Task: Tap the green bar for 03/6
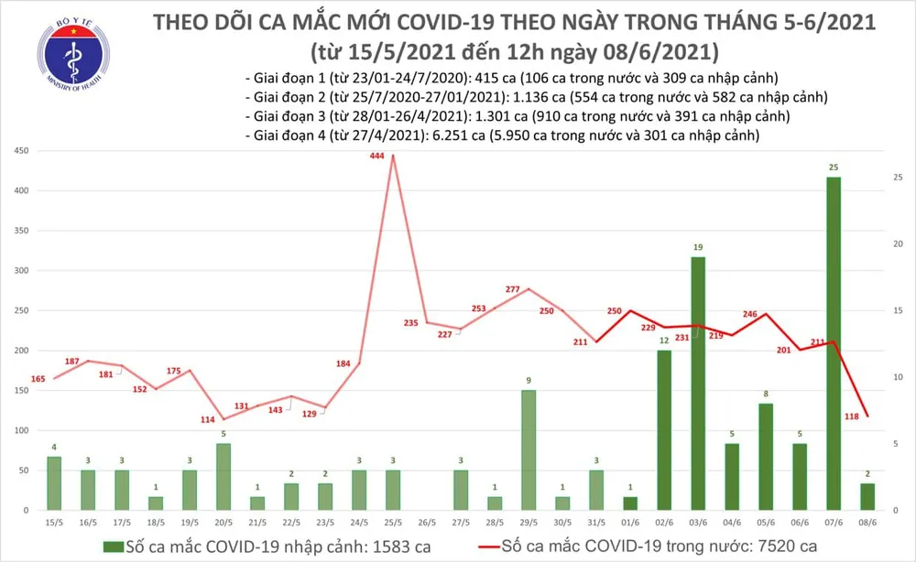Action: (x=698, y=384)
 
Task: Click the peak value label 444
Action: (x=376, y=157)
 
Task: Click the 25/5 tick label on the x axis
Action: (x=393, y=523)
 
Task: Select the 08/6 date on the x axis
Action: (x=867, y=523)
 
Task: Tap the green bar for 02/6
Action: (x=664, y=430)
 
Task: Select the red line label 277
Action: (x=513, y=290)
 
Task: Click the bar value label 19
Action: (x=698, y=248)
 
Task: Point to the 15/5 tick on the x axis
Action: (x=55, y=523)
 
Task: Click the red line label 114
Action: (x=208, y=420)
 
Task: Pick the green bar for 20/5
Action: (x=224, y=476)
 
